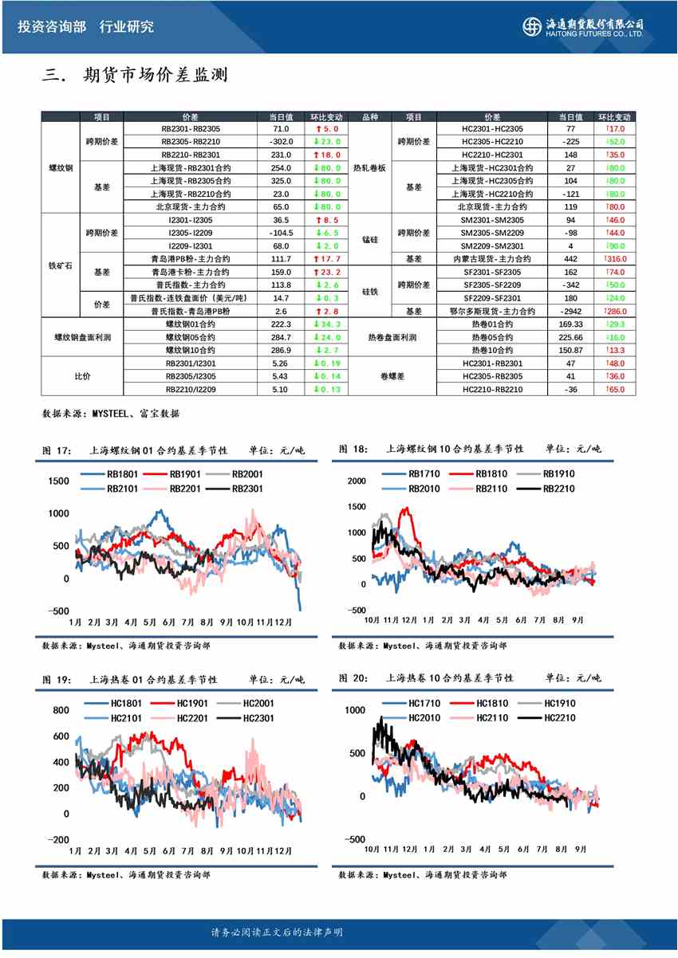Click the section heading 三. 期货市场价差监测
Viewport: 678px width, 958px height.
pyautogui.click(x=135, y=76)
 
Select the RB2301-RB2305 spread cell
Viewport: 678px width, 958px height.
pyautogui.click(x=190, y=128)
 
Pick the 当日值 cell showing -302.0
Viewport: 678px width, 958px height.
pyautogui.click(x=281, y=141)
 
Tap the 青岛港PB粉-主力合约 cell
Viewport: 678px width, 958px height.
pyautogui.click(x=190, y=258)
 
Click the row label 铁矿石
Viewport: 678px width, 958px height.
pyautogui.click(x=60, y=265)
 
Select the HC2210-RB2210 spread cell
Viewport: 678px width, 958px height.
pyautogui.click(x=492, y=389)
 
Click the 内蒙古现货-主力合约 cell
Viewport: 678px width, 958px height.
pyautogui.click(x=492, y=258)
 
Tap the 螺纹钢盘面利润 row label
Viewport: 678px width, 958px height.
pyautogui.click(x=82, y=337)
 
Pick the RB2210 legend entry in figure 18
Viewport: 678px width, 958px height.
pyautogui.click(x=558, y=488)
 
